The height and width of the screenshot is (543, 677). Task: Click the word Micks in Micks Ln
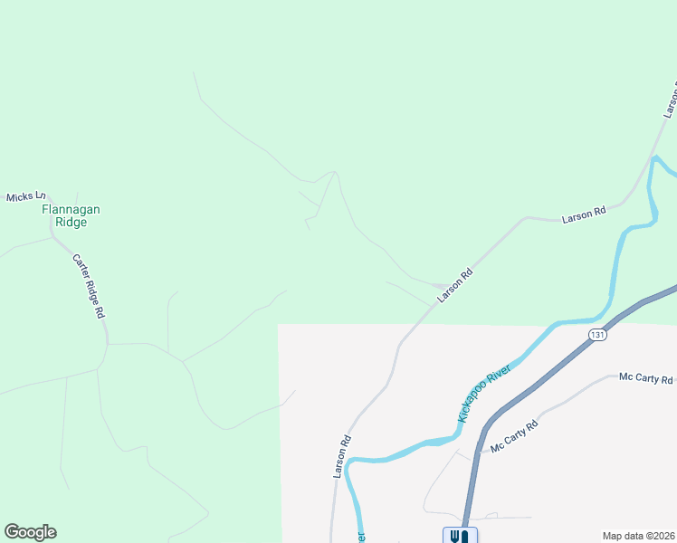(20, 196)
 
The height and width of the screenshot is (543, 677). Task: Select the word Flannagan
(72, 209)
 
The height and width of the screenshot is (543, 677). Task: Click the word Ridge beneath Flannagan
(72, 222)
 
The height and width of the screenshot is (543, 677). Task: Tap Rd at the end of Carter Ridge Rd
(101, 310)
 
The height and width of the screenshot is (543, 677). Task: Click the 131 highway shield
(596, 335)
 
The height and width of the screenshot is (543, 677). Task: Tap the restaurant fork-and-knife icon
(458, 536)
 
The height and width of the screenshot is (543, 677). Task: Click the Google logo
(30, 532)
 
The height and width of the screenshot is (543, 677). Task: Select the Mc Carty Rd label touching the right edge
(646, 379)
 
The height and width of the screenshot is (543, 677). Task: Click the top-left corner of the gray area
(278, 324)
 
